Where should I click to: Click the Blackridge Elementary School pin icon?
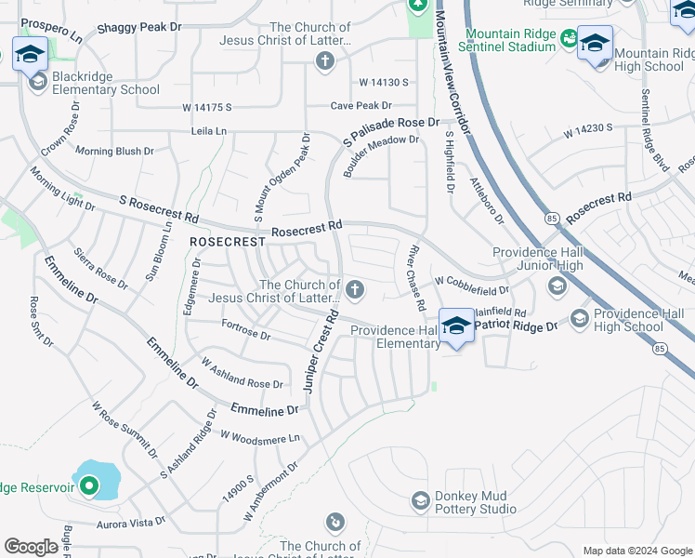pos(38,83)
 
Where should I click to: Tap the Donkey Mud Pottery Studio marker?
pos(420,501)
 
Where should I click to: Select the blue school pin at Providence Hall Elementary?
pos(455,326)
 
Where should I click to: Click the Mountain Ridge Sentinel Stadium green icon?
pos(567,41)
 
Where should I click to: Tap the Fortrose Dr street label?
pos(245,329)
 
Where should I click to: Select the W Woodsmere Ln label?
pos(260,436)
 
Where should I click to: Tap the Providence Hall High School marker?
pos(580,319)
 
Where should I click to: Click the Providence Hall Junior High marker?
pos(557,285)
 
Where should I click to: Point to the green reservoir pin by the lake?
pos(89,485)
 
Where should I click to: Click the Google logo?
pos(31,547)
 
